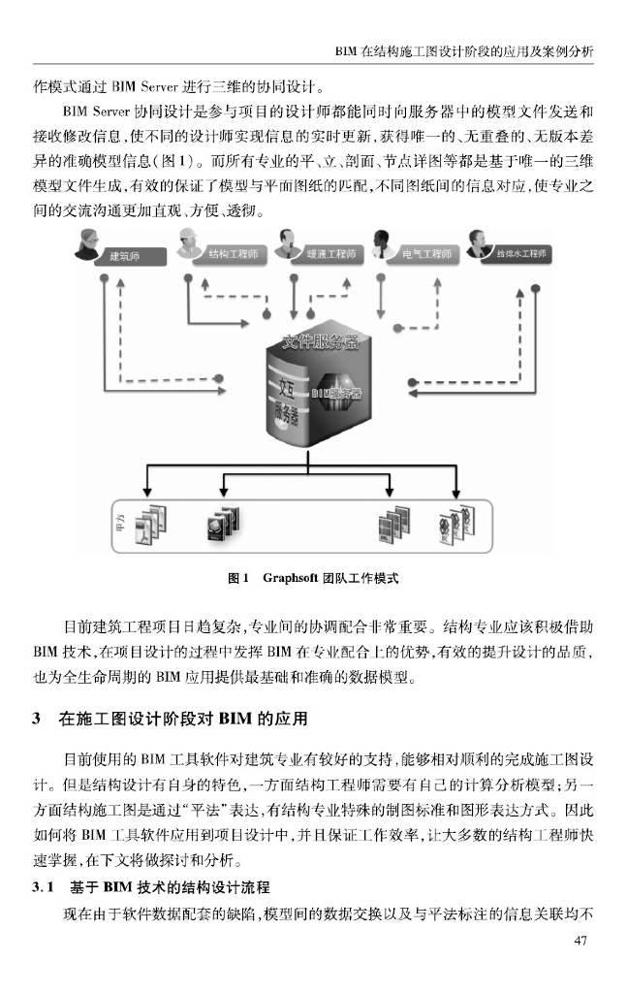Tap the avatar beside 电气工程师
point(383,246)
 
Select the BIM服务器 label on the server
point(336,394)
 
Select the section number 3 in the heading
point(36,720)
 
